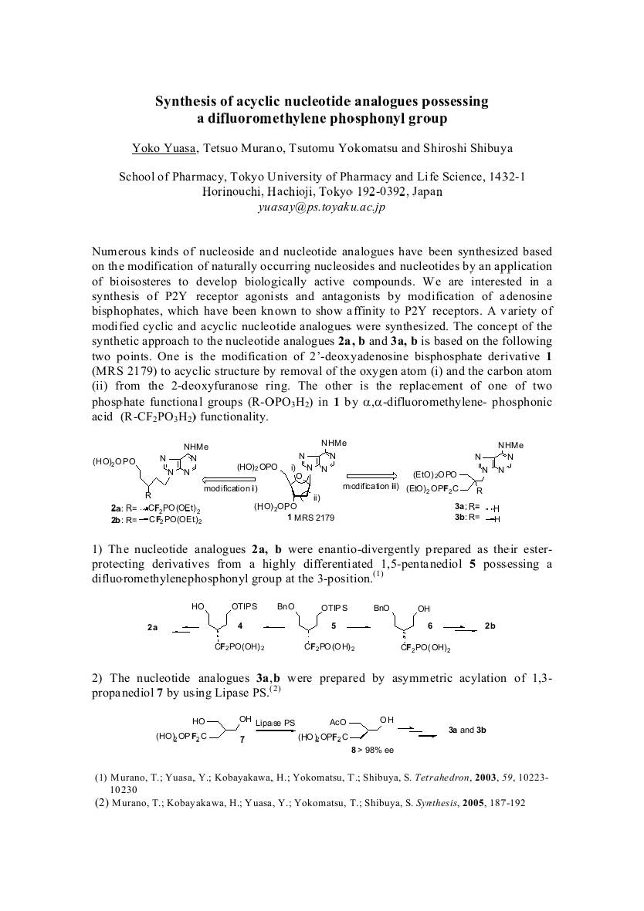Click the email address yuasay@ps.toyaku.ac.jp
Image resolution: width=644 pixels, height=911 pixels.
[x=321, y=208]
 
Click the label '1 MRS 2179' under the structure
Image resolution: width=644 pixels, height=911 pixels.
[x=311, y=518]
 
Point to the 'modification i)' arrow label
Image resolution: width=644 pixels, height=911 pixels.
[x=231, y=488]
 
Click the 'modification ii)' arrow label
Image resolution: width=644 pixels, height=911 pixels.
[x=370, y=486]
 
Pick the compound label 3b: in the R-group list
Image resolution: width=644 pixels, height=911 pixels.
[x=460, y=517]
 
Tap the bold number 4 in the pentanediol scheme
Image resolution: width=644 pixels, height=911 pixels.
[x=240, y=625]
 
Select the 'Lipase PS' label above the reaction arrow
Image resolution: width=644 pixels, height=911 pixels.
[x=275, y=723]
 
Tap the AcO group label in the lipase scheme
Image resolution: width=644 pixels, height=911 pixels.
[x=337, y=723]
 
